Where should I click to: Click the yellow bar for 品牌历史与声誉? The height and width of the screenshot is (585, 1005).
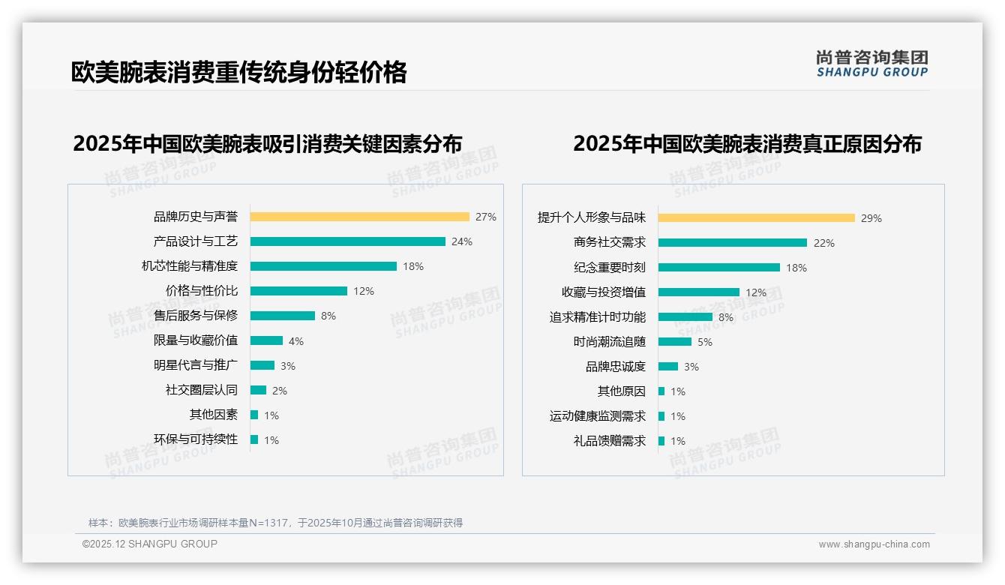359,217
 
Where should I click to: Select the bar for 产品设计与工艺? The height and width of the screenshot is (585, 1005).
347,241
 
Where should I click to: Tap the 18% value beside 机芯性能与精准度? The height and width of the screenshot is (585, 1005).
413,266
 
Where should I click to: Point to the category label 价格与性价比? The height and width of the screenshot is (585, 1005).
201,291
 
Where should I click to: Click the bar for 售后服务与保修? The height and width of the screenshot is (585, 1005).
282,316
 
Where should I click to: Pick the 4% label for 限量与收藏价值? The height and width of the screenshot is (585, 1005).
296,341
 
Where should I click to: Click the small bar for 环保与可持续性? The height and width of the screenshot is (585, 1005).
254,439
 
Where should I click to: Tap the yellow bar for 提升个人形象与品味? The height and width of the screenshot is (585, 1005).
756,218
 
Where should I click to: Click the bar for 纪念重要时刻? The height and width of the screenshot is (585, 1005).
718,268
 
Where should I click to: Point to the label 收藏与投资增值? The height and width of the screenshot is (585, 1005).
603,292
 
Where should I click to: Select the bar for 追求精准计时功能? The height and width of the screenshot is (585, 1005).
685,317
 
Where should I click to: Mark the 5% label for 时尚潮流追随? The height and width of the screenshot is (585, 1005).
705,342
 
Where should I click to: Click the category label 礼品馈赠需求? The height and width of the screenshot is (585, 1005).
609,441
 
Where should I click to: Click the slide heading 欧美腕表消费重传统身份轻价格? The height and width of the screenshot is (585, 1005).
238,72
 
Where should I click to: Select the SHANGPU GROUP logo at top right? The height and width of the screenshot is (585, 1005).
871,64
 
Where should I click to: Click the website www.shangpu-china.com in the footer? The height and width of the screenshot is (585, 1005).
874,544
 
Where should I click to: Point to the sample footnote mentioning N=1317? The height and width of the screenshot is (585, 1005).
275,523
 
